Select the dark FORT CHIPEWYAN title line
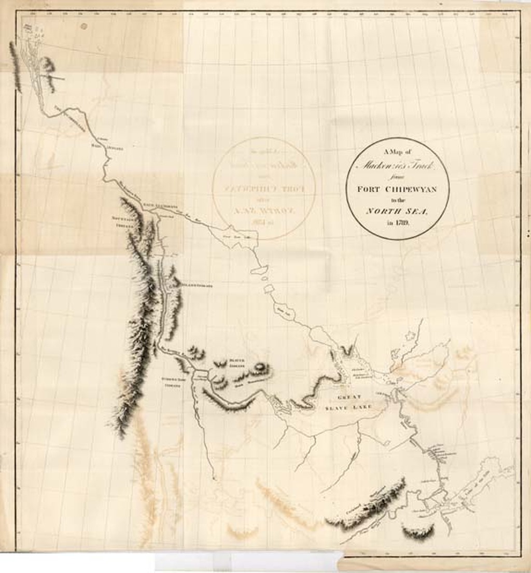[x=397, y=188]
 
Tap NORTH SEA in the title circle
[x=397, y=211]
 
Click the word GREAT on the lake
[x=348, y=397]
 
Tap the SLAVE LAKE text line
[x=348, y=408]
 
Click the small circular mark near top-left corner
[x=84, y=25]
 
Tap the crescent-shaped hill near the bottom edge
[x=418, y=530]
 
